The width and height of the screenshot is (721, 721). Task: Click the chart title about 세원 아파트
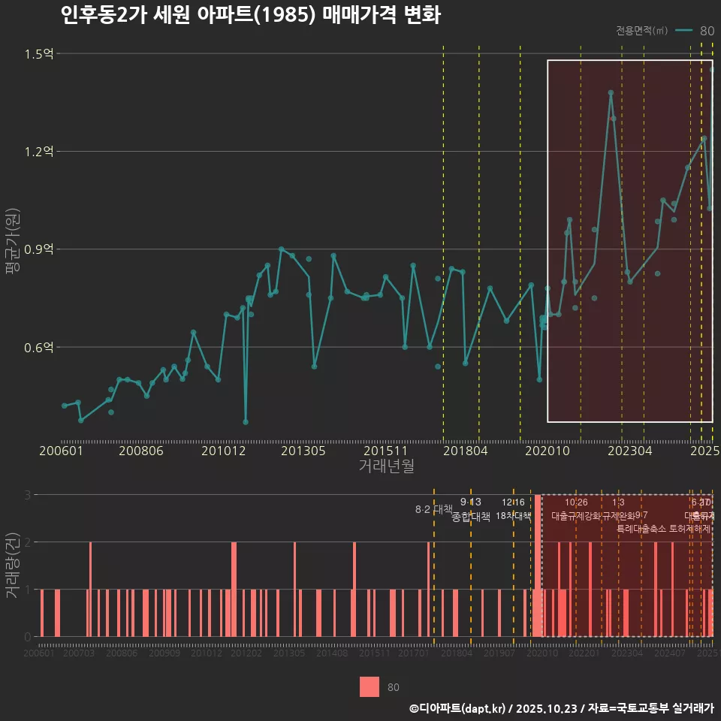[250, 15]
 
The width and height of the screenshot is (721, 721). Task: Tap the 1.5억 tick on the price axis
[38, 54]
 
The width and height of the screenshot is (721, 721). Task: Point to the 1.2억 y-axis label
[38, 152]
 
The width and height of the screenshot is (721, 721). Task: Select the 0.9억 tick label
[38, 249]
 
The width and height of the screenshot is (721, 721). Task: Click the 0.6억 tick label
[38, 347]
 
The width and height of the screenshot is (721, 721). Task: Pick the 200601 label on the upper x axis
[61, 451]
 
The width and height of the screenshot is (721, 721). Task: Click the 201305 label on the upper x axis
[303, 451]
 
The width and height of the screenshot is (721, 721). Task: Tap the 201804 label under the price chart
[465, 451]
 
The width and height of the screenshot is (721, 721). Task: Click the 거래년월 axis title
[386, 466]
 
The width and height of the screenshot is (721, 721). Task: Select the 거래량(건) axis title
[13, 566]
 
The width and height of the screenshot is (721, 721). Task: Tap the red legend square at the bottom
[370, 686]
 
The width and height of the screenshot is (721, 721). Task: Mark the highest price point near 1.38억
[611, 93]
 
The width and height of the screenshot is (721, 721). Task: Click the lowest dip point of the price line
[246, 422]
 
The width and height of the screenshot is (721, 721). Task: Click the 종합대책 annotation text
[471, 517]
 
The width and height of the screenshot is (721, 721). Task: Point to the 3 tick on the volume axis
[28, 495]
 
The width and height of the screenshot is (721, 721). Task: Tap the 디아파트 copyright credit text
[561, 708]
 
